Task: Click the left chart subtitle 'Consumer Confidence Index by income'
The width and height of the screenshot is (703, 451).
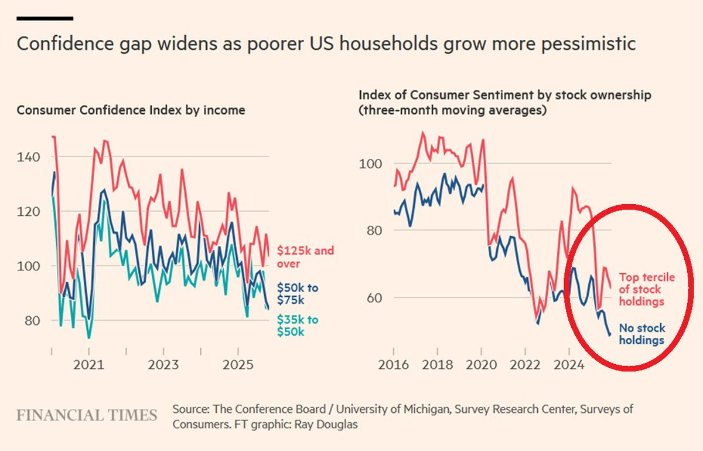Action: coord(131,110)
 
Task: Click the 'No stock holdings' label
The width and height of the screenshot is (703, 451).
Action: coord(642,334)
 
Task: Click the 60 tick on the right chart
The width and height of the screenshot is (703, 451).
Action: coord(370,297)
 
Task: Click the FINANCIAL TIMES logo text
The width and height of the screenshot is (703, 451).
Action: coord(87,416)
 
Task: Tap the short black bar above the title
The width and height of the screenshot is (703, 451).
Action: coord(45,18)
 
